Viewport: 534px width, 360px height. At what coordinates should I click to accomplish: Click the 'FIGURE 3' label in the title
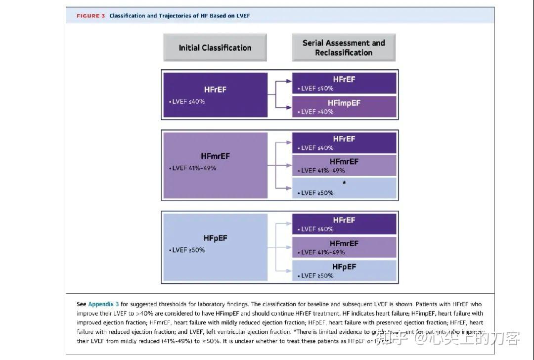[90, 16]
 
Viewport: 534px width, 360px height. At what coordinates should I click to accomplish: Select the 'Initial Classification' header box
[215, 47]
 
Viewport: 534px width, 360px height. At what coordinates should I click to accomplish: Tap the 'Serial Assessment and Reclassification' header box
[344, 47]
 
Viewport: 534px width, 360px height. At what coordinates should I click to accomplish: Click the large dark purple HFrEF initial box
[215, 95]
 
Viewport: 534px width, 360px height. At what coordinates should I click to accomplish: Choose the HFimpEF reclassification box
[344, 107]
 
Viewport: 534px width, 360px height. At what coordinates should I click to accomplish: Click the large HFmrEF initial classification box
[215, 165]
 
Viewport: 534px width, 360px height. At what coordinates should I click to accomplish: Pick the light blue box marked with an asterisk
[344, 188]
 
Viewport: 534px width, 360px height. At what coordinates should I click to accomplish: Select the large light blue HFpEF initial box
[215, 247]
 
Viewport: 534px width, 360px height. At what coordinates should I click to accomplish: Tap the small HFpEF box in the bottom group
[344, 270]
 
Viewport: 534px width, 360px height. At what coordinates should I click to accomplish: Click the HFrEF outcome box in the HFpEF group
[344, 224]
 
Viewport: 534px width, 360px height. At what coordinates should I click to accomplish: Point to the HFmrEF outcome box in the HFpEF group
[344, 247]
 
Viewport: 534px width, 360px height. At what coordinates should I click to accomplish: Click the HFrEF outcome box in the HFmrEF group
[344, 143]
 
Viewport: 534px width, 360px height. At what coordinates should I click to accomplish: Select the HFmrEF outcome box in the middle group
[344, 165]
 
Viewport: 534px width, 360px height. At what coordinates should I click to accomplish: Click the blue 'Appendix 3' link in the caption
[103, 304]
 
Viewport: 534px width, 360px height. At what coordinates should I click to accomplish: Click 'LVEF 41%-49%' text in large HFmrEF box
[194, 168]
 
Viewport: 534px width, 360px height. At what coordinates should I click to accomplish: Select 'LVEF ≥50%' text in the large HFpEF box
[188, 250]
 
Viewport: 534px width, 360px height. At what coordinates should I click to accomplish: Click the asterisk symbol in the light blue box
[344, 183]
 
